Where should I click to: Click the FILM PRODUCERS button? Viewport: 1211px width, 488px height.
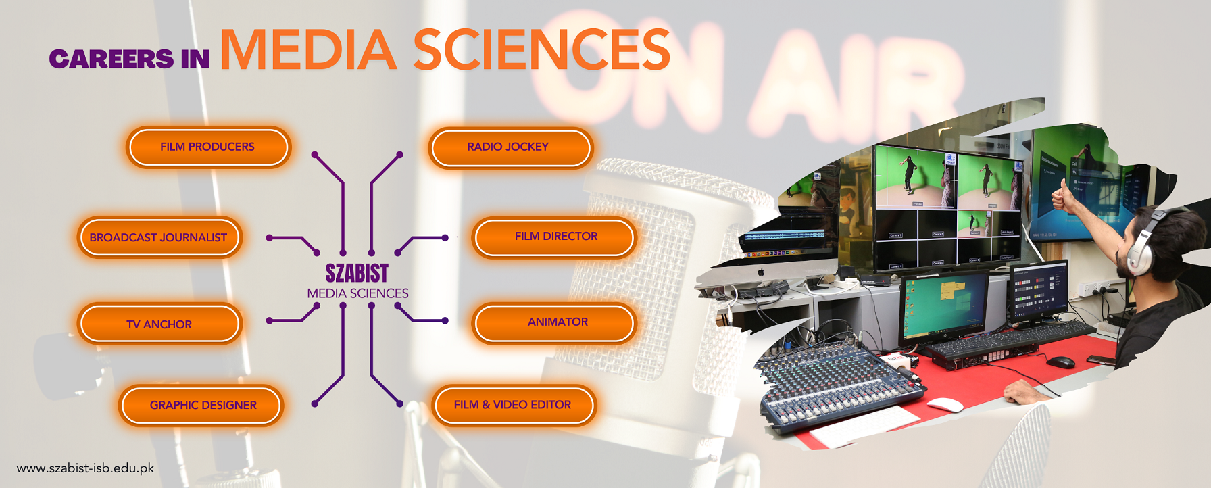[207, 147]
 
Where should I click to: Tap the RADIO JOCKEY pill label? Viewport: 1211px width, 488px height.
[508, 147]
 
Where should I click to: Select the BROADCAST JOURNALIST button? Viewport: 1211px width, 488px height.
[159, 237]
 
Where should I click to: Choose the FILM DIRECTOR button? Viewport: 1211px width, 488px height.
[555, 237]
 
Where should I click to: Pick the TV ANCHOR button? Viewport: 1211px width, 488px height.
[159, 324]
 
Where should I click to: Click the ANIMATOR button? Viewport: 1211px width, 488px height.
[557, 322]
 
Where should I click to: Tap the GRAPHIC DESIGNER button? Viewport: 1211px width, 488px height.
[203, 405]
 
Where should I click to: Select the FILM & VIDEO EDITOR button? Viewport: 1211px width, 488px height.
[513, 405]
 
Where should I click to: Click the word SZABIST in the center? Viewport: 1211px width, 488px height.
[357, 273]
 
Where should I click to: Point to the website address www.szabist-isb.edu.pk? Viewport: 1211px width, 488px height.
[86, 468]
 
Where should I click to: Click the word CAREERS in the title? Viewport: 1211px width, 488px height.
[112, 59]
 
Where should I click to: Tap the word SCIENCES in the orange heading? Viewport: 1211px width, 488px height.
[541, 50]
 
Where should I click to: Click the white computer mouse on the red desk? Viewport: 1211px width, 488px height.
[945, 405]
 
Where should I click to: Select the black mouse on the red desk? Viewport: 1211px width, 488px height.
[1060, 362]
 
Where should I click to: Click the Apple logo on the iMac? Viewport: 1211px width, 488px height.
[761, 271]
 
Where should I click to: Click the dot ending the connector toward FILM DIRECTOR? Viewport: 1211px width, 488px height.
[445, 238]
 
